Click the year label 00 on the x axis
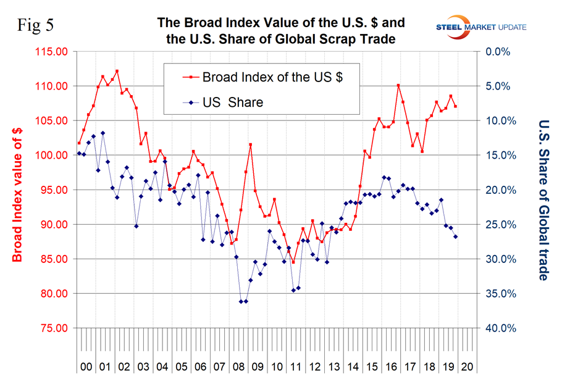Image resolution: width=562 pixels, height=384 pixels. tap(86, 366)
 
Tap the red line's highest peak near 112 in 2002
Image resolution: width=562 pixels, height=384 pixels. tap(117, 71)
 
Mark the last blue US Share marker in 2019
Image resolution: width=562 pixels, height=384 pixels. tap(456, 236)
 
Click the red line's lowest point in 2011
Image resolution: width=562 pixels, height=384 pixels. tap(293, 262)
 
